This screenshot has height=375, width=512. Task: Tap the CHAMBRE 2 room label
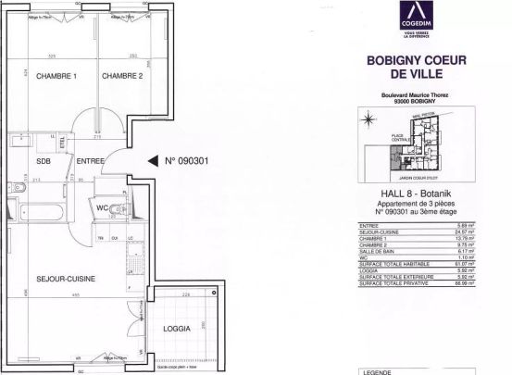point(122,76)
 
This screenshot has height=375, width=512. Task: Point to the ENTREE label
point(91,159)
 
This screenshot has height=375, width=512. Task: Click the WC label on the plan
point(103,208)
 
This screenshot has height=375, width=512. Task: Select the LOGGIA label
point(176,329)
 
